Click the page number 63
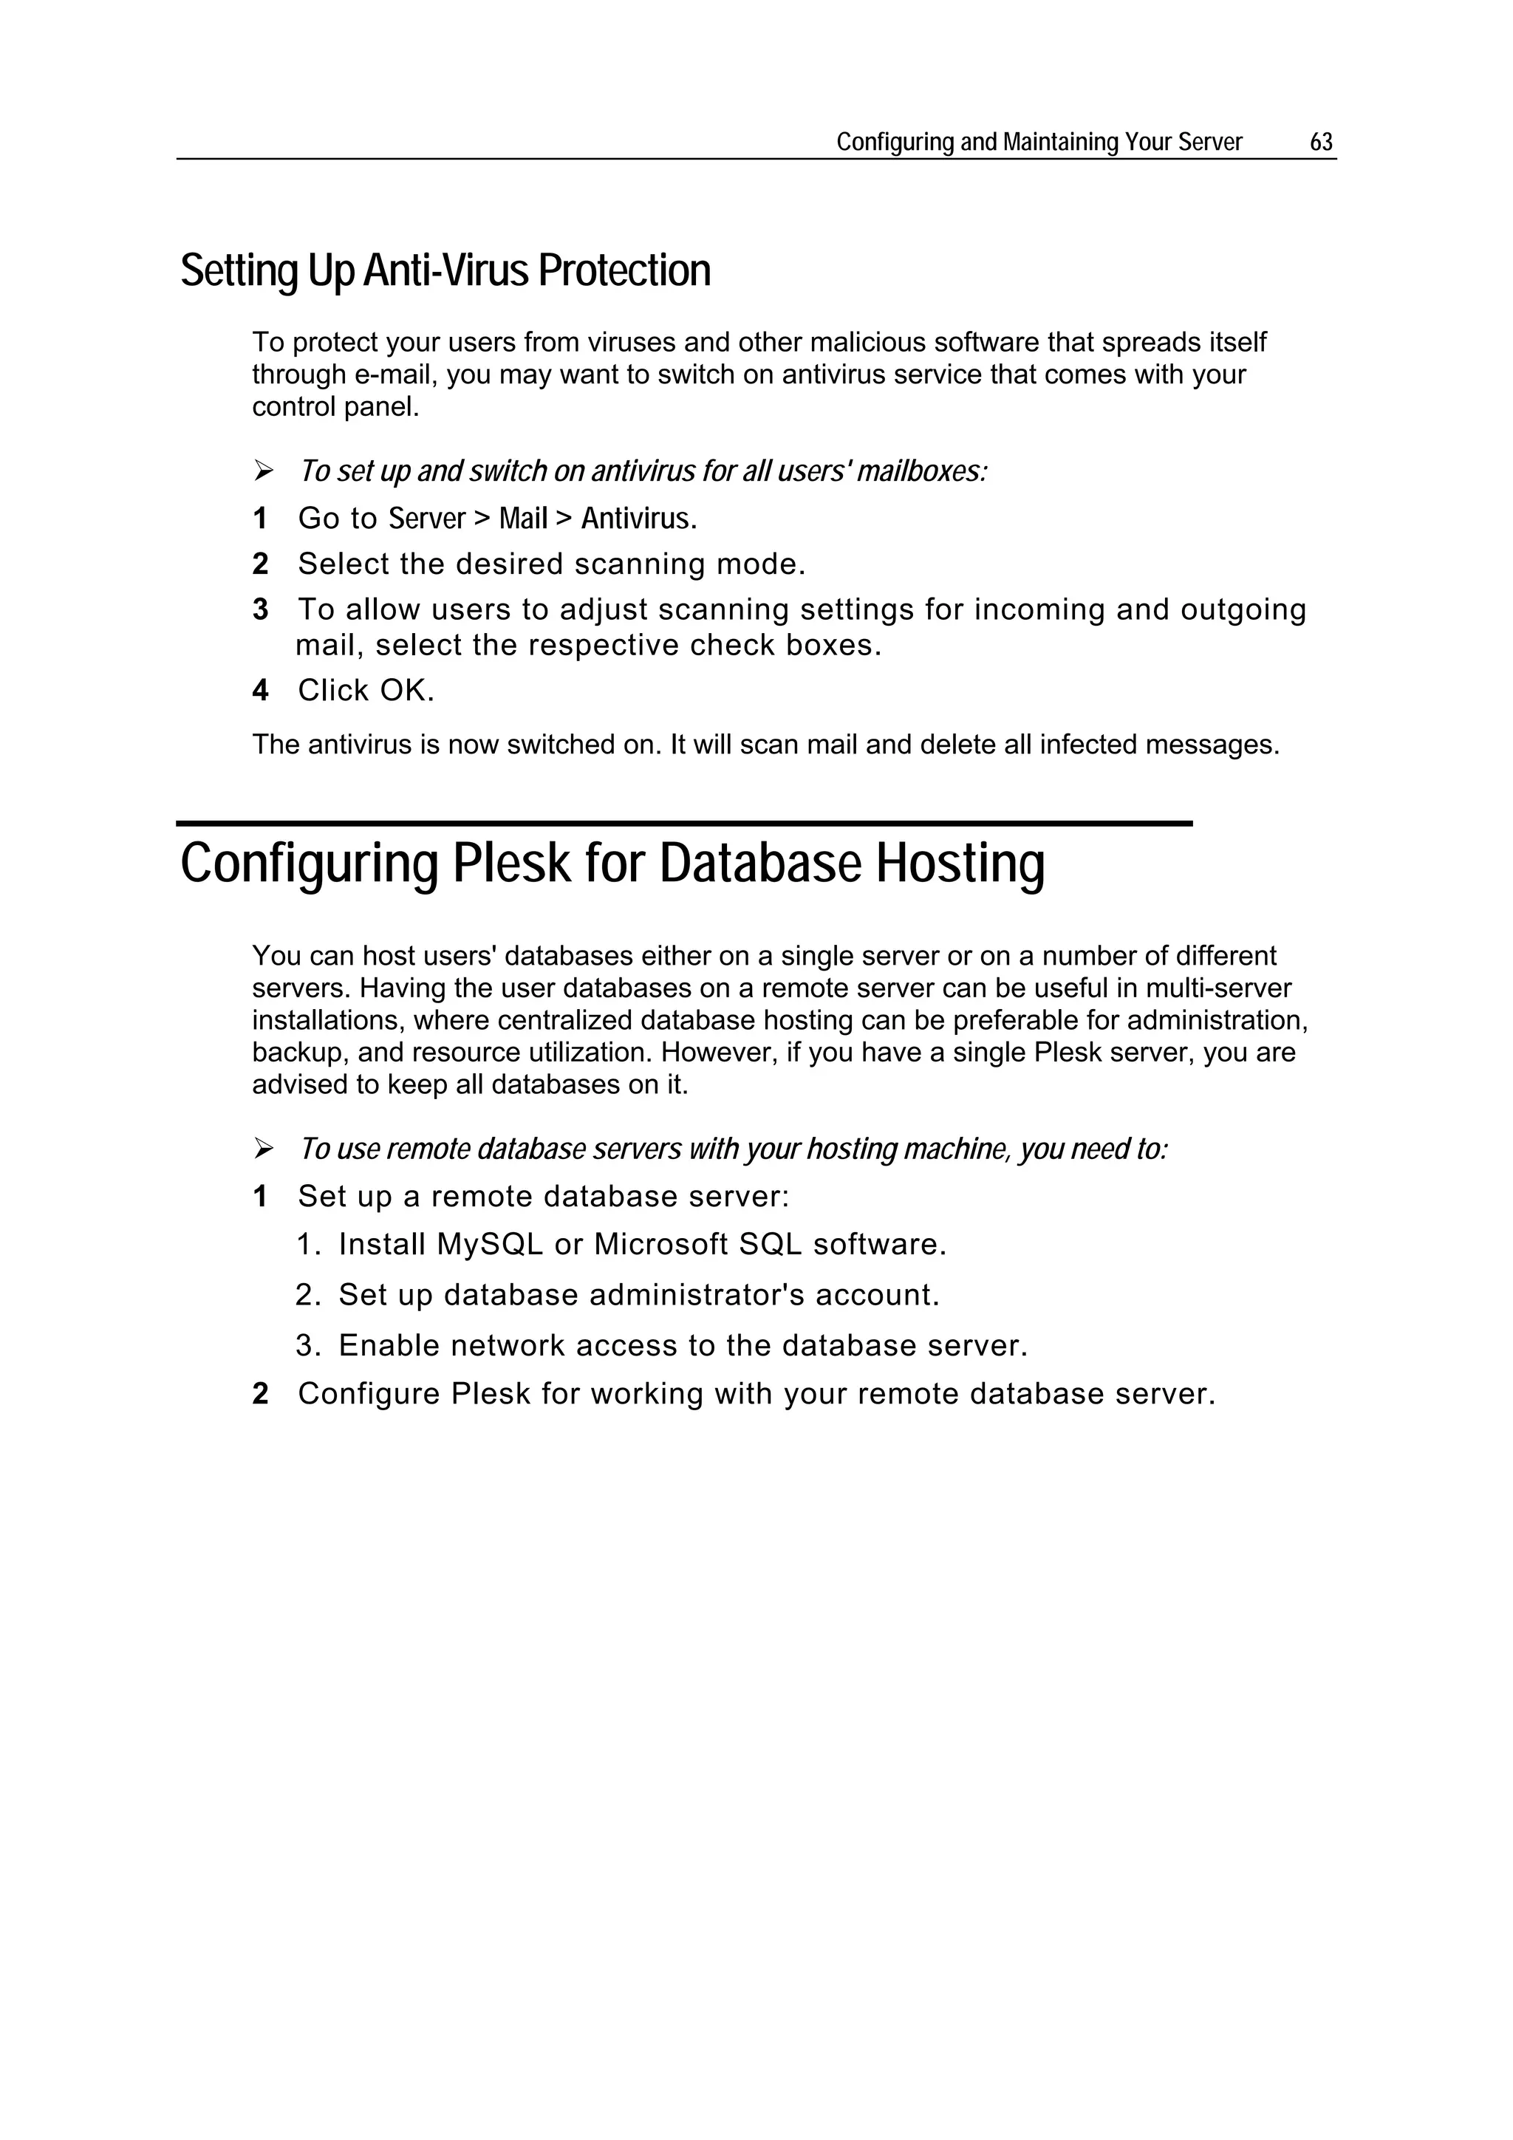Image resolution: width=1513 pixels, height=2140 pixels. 1320,142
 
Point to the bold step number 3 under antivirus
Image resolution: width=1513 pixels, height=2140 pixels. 260,609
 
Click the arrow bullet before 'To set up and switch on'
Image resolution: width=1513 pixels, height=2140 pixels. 263,471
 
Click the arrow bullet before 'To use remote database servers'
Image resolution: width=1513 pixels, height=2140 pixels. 263,1149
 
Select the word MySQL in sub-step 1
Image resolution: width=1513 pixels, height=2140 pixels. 489,1244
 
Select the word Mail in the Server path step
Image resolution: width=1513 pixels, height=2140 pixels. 523,519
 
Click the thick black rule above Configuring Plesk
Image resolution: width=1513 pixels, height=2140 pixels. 683,823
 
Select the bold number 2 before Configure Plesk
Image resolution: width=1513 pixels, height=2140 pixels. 260,1395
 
